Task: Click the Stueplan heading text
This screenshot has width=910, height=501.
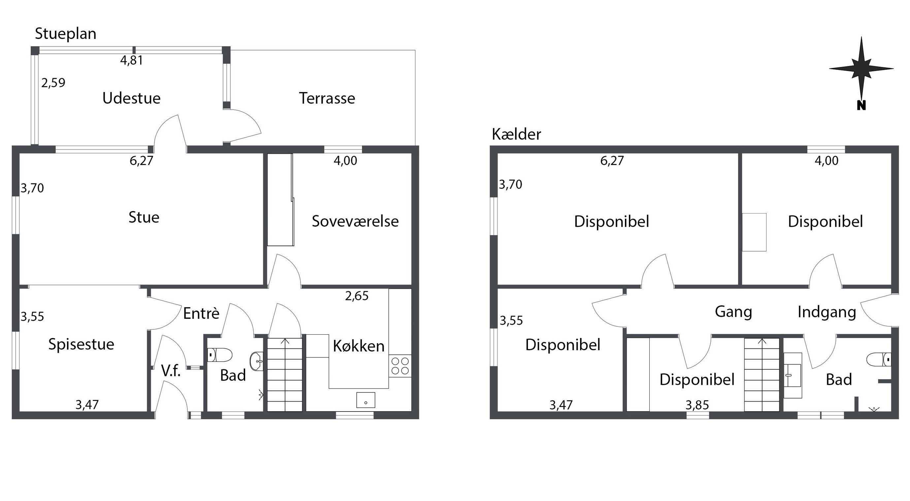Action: [65, 34]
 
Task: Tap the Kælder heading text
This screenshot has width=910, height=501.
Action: [516, 134]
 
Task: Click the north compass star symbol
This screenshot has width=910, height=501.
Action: [861, 69]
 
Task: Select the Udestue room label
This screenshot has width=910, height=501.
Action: [131, 98]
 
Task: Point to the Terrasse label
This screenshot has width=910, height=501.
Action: [327, 98]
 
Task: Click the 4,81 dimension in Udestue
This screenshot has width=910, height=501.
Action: [131, 60]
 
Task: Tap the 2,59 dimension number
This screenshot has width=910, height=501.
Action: [53, 83]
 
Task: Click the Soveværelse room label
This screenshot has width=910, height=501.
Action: [355, 221]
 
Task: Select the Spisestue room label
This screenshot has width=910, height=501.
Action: [81, 344]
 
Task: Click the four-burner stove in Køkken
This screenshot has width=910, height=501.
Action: [400, 366]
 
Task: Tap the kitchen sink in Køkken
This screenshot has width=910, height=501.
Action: [366, 400]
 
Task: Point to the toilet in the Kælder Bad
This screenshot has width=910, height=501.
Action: [879, 360]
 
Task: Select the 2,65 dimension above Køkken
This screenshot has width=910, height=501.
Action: [357, 296]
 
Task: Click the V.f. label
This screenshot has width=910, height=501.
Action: [171, 371]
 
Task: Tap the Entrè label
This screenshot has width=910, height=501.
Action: [201, 313]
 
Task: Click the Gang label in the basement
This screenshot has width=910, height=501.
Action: [733, 312]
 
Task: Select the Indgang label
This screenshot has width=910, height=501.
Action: [827, 312]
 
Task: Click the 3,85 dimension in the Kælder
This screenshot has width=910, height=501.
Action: [697, 405]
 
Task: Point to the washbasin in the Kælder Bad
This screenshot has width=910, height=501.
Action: [793, 375]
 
